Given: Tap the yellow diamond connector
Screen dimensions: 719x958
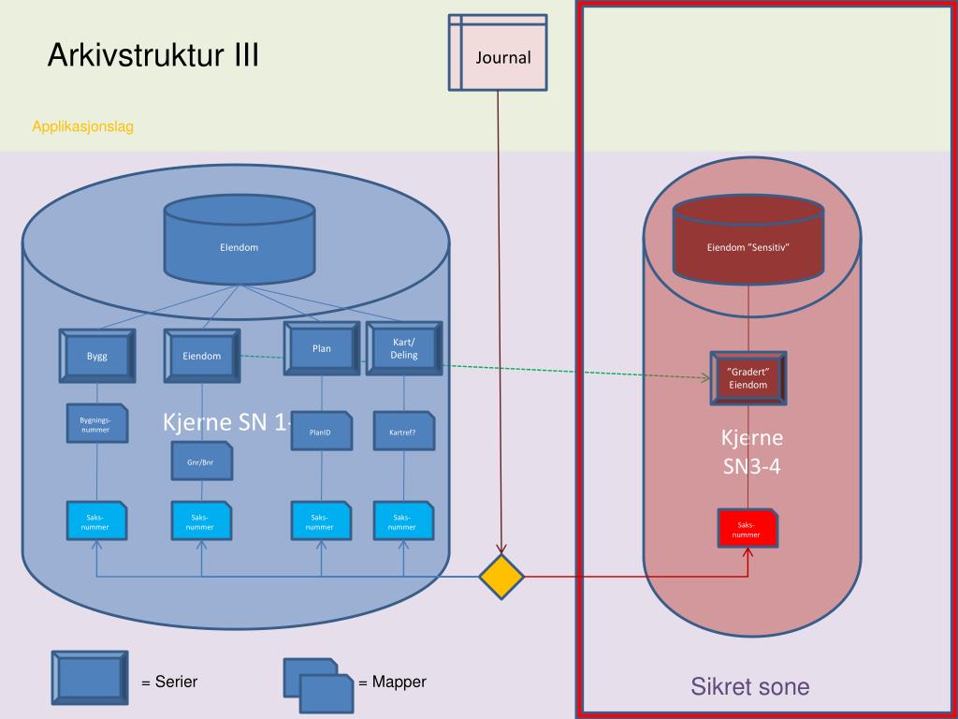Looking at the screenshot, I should click(x=501, y=577).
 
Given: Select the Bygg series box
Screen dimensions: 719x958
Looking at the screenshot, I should click(x=97, y=356).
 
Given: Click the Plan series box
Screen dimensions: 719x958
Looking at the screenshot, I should click(x=322, y=349).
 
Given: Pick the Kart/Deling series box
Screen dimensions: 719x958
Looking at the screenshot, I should click(x=404, y=349).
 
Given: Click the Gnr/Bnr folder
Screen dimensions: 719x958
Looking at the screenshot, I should click(x=201, y=461).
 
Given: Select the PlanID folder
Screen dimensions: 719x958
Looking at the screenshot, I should click(x=321, y=432).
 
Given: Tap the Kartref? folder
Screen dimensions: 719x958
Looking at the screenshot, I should click(x=403, y=432).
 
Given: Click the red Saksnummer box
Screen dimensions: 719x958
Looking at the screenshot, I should click(x=747, y=530).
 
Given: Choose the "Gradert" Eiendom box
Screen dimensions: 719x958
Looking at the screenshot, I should click(x=748, y=379).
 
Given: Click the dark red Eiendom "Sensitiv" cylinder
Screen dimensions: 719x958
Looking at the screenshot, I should click(x=748, y=245).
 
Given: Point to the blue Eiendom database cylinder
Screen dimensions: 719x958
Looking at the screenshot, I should click(x=239, y=245).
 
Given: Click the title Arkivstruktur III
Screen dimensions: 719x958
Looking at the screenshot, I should click(x=153, y=56).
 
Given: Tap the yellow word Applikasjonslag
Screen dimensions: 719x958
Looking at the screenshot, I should click(x=82, y=126).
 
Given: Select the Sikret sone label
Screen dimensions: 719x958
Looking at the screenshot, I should click(x=749, y=686).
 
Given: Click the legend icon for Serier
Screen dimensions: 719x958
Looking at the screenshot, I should click(x=89, y=677).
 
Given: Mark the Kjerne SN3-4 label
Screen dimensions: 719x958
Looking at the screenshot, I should click(x=752, y=452).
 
